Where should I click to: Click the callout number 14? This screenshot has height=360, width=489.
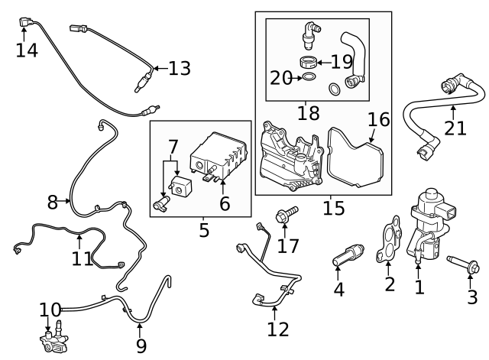pyautogui.click(x=26, y=50)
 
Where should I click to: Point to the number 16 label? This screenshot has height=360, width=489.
pyautogui.click(x=379, y=120)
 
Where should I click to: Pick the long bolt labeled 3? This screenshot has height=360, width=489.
pyautogui.click(x=461, y=266)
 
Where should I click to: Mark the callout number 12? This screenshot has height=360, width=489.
pyautogui.click(x=278, y=329)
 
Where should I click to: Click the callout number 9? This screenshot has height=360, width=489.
pyautogui.click(x=141, y=345)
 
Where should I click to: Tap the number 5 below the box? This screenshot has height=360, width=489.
pyautogui.click(x=204, y=229)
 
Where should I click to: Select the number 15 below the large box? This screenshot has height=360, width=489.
pyautogui.click(x=333, y=207)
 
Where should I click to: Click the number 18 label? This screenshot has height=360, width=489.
pyautogui.click(x=308, y=113)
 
